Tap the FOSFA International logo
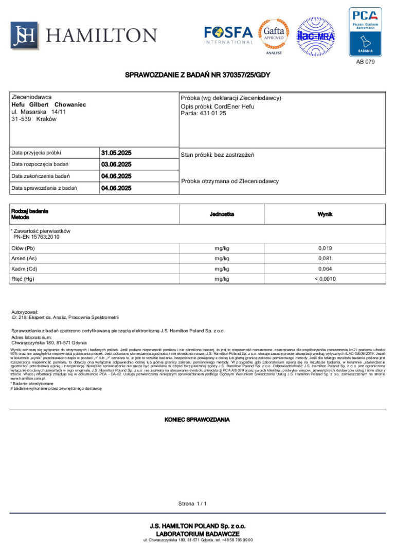point(228,35)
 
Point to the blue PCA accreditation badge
point(365,31)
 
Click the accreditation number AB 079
point(366,62)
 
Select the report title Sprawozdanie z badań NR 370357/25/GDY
point(197,75)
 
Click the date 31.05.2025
point(117,153)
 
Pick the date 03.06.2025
point(117,165)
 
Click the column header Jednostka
point(222,214)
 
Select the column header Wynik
point(325,214)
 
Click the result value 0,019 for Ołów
point(325,248)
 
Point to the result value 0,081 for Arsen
point(325,259)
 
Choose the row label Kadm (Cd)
point(24,269)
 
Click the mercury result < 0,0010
point(325,279)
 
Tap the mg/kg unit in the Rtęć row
point(222,279)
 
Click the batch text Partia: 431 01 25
point(203,114)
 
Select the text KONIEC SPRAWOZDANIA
point(197,420)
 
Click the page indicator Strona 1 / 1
point(192,503)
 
